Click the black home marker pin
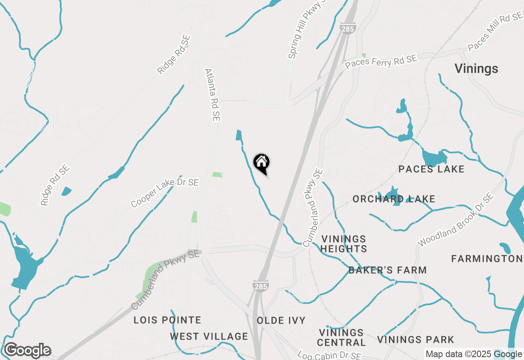click(261, 163)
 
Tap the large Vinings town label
click(476, 69)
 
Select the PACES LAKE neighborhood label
click(431, 169)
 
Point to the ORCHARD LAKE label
click(394, 199)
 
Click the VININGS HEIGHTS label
click(343, 244)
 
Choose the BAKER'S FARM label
click(388, 270)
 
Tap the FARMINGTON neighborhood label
click(487, 259)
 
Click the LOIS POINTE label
click(167, 320)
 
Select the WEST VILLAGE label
click(209, 337)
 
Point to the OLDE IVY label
click(281, 320)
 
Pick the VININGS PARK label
click(416, 340)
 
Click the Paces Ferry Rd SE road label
click(381, 62)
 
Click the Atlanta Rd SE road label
click(212, 94)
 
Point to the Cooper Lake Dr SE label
click(165, 192)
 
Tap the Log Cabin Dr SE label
click(329, 355)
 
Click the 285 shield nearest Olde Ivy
click(261, 286)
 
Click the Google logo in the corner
click(27, 351)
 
